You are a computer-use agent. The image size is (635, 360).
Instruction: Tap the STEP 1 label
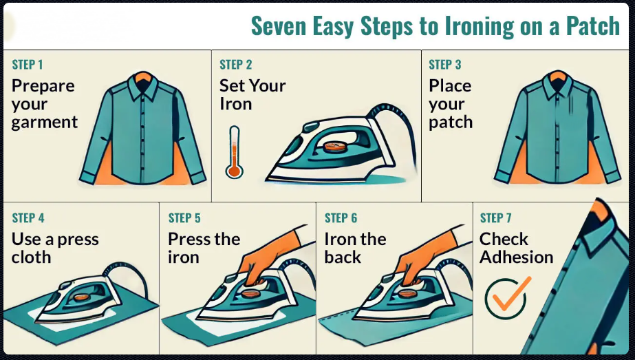[x=28, y=65]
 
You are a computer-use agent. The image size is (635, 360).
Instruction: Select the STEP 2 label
[x=236, y=65]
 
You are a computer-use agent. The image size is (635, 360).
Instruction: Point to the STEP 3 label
[x=445, y=65]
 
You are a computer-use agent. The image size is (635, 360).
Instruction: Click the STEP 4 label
[x=28, y=218]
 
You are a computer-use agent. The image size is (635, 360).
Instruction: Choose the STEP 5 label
[x=184, y=218]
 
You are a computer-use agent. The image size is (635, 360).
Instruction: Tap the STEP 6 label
[x=341, y=218]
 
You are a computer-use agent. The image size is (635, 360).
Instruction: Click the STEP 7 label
[x=495, y=218]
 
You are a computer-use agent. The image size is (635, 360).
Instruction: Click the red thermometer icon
[x=234, y=152]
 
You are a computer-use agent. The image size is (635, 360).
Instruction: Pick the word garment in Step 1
[x=45, y=123]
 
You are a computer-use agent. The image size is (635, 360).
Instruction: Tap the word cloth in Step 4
[x=31, y=257]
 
